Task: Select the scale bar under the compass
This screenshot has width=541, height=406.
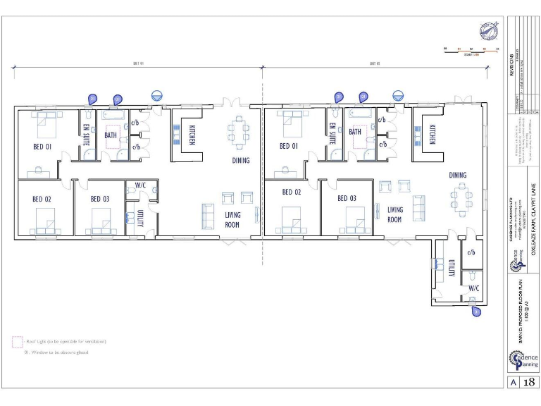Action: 470,50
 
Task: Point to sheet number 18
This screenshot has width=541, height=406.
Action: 529,383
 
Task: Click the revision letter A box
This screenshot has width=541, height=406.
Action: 513,383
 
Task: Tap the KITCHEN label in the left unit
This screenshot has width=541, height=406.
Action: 192,135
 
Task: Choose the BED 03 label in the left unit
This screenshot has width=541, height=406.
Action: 100,199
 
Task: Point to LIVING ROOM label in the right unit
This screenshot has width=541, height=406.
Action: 395,214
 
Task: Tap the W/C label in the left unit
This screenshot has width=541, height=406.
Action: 140,186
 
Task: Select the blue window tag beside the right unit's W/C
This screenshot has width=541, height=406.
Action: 476,310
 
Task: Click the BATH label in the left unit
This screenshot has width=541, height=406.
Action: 111,135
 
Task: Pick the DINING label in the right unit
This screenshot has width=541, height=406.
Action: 458,175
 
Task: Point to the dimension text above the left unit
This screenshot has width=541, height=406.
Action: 138,63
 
